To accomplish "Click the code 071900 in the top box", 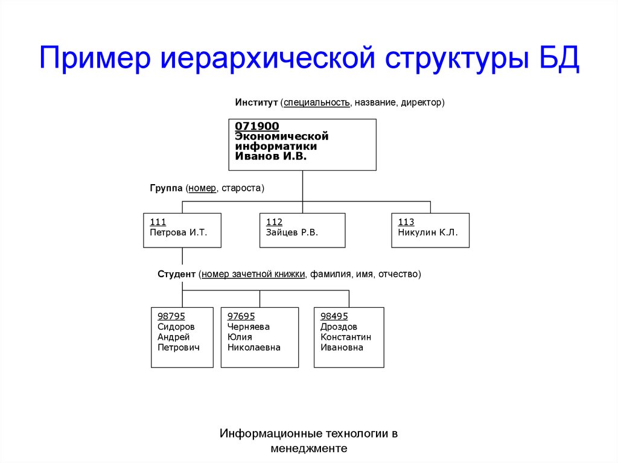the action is [x=257, y=126].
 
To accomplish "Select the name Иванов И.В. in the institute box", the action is [x=271, y=156].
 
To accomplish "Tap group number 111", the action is [x=158, y=222].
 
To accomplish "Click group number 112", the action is [x=275, y=222].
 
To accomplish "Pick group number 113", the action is [x=406, y=222].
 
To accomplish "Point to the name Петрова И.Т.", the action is [x=178, y=232].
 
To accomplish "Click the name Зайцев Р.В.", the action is [x=292, y=232].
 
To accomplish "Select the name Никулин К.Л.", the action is [x=428, y=232].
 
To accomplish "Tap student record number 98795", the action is [x=171, y=316].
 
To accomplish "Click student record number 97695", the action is [x=241, y=316].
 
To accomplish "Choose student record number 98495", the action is [x=334, y=316].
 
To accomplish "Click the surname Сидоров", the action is [x=176, y=327].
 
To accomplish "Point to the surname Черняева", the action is [x=249, y=327].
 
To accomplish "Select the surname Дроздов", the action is [x=339, y=327].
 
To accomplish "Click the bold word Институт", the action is [x=256, y=103].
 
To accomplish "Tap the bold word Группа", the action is [x=166, y=188].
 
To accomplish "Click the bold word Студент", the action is [x=177, y=274].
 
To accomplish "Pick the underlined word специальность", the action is [x=316, y=103].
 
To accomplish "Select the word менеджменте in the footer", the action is [x=309, y=449].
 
